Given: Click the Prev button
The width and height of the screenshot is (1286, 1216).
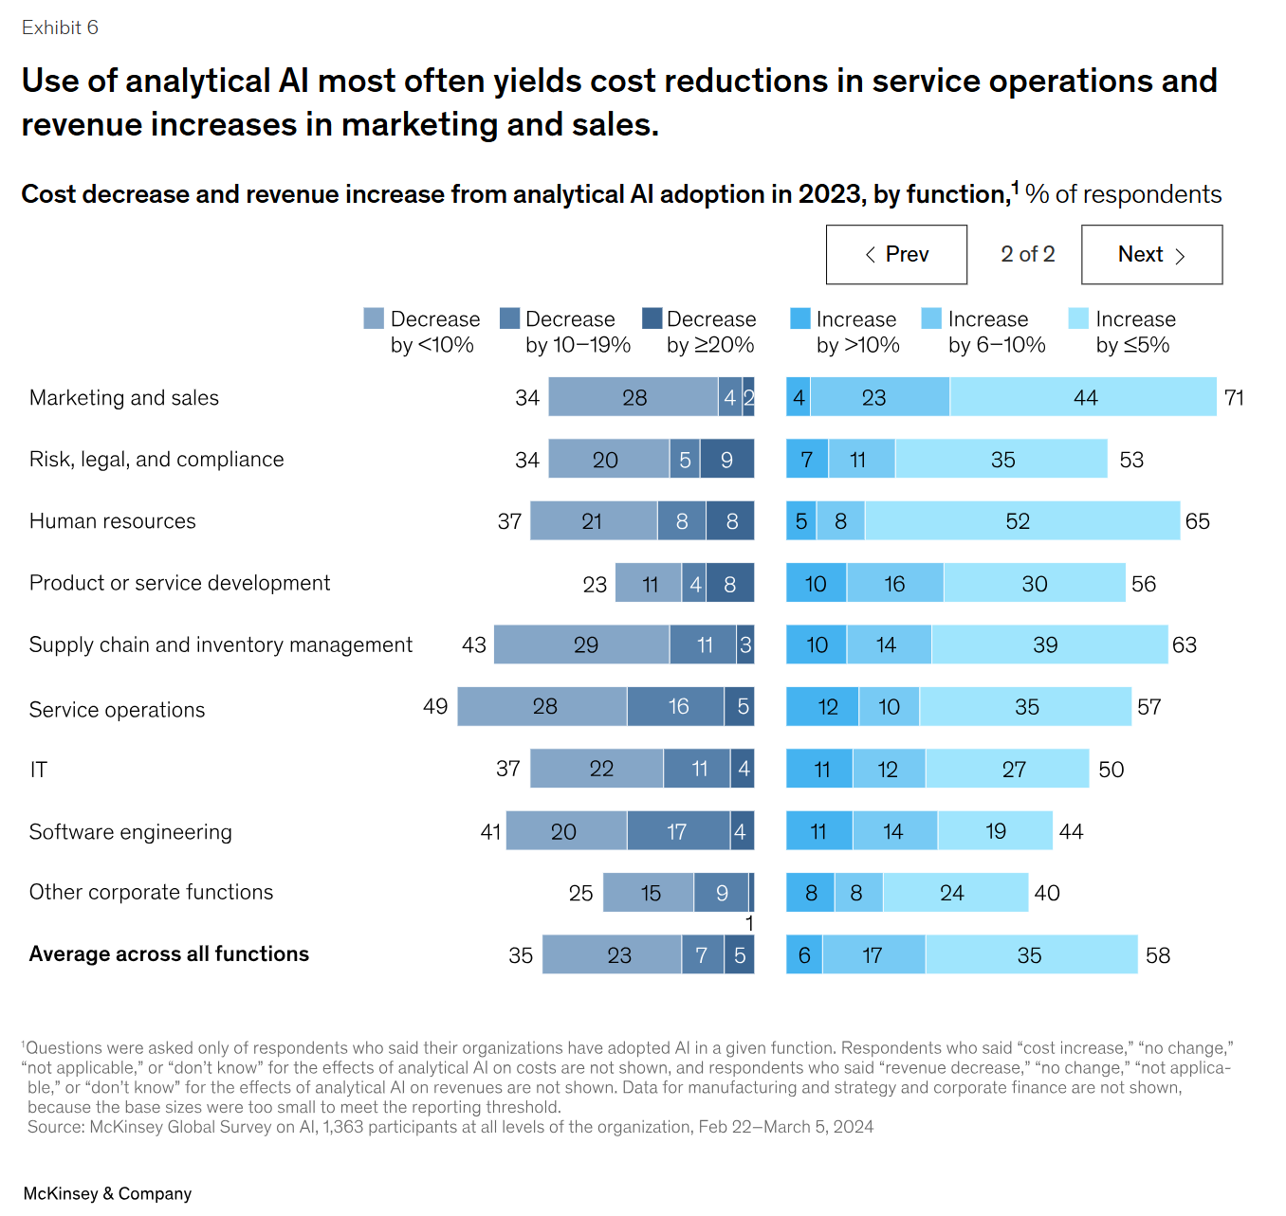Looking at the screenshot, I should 896,254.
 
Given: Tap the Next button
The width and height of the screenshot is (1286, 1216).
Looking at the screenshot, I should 1151,254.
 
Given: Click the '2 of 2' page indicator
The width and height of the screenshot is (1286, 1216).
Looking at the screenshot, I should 1027,254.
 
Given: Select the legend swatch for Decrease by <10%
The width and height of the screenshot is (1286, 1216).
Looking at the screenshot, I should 374,318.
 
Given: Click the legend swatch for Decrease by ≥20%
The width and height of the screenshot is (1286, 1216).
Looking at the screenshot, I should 652,318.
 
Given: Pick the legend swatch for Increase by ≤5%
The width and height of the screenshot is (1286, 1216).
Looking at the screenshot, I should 1078,318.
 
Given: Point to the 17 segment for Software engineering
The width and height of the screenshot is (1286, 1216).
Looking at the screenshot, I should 677,830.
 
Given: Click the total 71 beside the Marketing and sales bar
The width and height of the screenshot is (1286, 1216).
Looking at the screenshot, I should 1234,397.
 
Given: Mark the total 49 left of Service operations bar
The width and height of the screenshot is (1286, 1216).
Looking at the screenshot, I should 435,706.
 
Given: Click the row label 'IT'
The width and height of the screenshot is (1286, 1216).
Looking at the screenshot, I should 38,769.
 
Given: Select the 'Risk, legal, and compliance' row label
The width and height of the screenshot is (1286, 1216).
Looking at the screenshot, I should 156,459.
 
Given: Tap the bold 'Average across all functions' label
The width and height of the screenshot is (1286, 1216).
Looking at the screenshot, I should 169,953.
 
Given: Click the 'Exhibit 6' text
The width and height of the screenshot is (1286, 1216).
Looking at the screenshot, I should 60,27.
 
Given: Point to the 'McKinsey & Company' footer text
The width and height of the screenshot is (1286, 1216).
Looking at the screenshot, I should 107,1193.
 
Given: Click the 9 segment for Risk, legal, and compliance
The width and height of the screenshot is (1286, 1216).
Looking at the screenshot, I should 727,459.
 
